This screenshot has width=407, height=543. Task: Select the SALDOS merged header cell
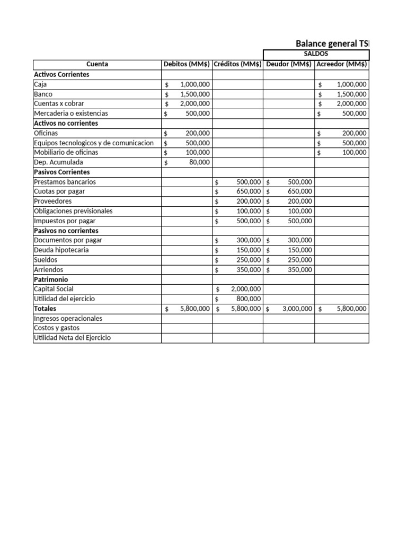coord(316,54)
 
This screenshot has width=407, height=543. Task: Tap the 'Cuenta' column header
coord(97,64)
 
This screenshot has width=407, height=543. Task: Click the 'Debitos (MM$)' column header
coord(187,64)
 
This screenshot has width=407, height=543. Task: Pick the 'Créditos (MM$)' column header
coord(237,64)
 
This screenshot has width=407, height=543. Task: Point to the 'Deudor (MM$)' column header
coord(289,64)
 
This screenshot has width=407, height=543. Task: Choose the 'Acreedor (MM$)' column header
coord(341,64)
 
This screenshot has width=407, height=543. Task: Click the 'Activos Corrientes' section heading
coord(61,74)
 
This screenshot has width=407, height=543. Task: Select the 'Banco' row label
coord(43,94)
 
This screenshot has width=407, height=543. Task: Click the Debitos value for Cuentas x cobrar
coord(194,103)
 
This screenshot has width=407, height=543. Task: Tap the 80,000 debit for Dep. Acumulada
coord(199,162)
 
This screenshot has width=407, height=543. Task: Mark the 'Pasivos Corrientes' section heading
coord(61,172)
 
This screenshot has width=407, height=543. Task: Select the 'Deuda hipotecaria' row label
coord(61,250)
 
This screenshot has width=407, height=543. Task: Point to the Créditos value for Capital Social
coord(245,289)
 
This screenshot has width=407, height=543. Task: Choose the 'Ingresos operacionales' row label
coord(68,318)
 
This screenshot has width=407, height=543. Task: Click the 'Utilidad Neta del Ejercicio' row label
coord(72,338)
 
